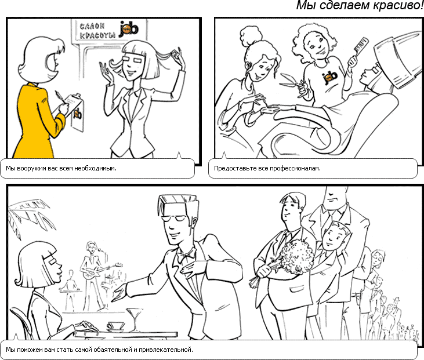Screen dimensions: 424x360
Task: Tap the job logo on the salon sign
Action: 128,29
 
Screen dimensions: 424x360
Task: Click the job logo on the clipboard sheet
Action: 78,114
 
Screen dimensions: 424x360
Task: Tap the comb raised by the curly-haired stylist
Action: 358,50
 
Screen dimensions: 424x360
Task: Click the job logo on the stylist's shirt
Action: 330,78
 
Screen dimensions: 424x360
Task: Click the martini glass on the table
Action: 134,319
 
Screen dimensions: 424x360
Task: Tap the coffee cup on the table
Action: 115,326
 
